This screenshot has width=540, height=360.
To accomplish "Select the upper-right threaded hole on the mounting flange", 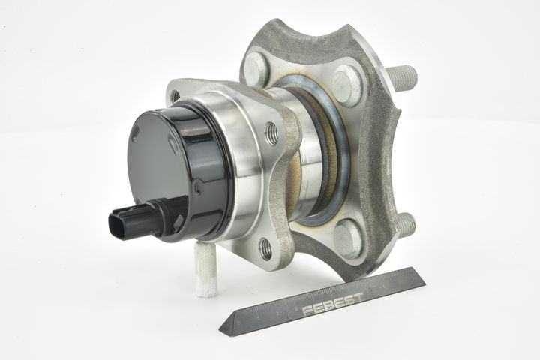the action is [272, 133].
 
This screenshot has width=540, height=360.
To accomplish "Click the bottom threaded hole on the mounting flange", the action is [265, 248].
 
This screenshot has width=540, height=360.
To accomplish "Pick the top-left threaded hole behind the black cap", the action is [175, 95].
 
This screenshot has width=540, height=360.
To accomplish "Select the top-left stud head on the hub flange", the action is [255, 68].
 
